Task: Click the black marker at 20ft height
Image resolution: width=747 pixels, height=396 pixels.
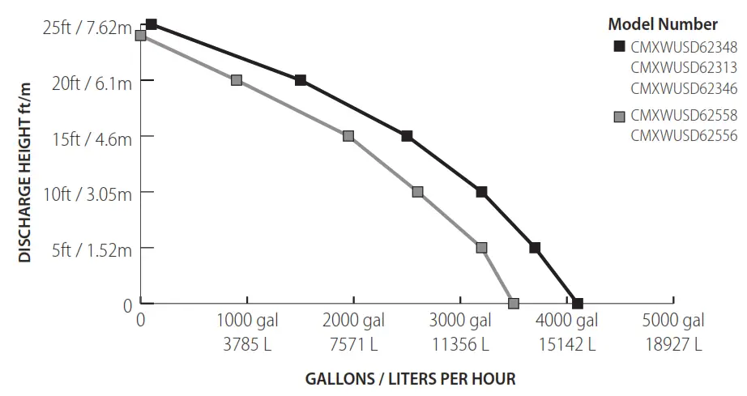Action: click(x=301, y=80)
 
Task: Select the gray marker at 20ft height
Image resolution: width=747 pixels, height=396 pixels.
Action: click(x=237, y=80)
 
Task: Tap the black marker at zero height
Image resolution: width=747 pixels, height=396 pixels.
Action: click(x=578, y=304)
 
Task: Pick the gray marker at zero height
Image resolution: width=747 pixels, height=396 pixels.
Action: click(x=514, y=304)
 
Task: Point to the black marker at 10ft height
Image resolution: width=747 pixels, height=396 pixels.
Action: click(x=481, y=192)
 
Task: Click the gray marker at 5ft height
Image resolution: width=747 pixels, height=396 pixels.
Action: click(x=481, y=248)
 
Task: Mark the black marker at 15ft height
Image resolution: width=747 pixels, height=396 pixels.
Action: click(x=407, y=136)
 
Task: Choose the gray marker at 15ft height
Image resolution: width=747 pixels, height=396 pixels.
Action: click(x=348, y=136)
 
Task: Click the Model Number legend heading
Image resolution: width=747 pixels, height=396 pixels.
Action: click(x=662, y=24)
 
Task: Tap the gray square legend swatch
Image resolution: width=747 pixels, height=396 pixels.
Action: click(x=620, y=117)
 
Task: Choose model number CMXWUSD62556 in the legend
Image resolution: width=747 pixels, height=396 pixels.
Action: click(x=684, y=136)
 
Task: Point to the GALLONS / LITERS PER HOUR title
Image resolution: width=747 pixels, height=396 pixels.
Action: click(x=410, y=379)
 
